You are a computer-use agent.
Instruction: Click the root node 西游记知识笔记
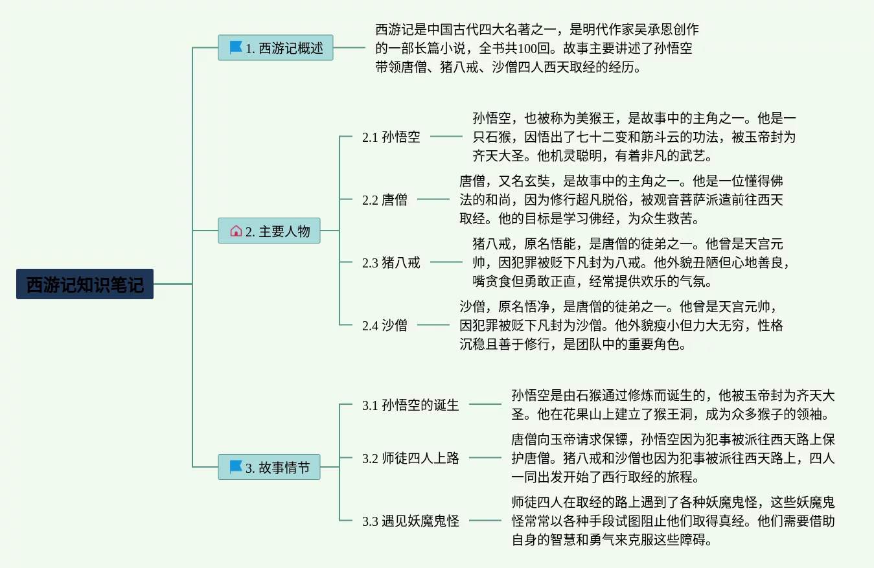85,284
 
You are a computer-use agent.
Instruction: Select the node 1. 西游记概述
275,48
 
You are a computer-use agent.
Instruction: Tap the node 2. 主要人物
269,231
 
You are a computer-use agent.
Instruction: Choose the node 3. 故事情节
269,467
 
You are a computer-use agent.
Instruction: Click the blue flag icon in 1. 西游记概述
236,48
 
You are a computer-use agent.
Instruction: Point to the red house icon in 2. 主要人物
236,231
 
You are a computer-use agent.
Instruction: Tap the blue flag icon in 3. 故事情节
236,467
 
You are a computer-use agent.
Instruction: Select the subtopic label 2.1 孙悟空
391,137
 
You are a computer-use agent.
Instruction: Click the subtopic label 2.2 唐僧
385,199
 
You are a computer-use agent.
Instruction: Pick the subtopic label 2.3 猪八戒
391,262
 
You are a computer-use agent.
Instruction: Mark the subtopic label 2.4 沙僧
385,325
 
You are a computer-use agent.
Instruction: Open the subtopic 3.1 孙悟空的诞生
411,405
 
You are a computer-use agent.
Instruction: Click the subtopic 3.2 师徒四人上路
411,458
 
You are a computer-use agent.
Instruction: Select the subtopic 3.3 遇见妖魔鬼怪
411,521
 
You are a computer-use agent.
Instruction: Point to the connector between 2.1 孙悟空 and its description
446,137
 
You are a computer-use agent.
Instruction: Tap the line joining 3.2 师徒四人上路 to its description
485,458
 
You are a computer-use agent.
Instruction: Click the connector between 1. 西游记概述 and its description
349,47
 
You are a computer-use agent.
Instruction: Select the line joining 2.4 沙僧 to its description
433,325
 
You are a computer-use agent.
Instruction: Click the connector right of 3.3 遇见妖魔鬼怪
485,521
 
